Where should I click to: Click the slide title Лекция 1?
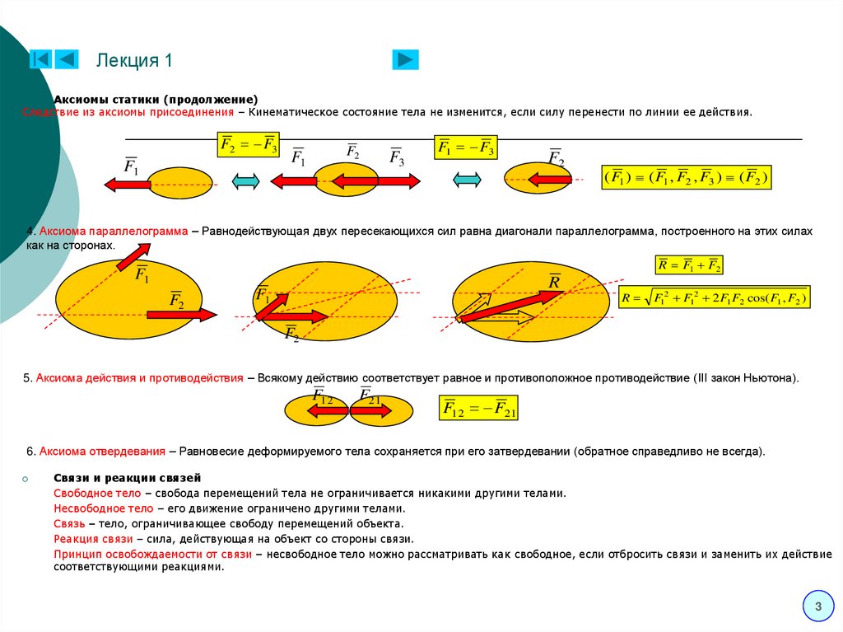coord(134,60)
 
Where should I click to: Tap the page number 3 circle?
coord(818,607)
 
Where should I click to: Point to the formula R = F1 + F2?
coord(688,265)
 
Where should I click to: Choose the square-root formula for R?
coord(715,297)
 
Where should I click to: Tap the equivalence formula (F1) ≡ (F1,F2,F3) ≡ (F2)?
coord(687,177)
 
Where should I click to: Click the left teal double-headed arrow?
coord(246,182)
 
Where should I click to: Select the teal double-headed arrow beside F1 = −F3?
coord(467,180)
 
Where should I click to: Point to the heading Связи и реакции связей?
coord(128,478)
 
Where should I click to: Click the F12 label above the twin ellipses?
coord(322,397)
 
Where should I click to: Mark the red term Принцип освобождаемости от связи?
coord(153,554)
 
